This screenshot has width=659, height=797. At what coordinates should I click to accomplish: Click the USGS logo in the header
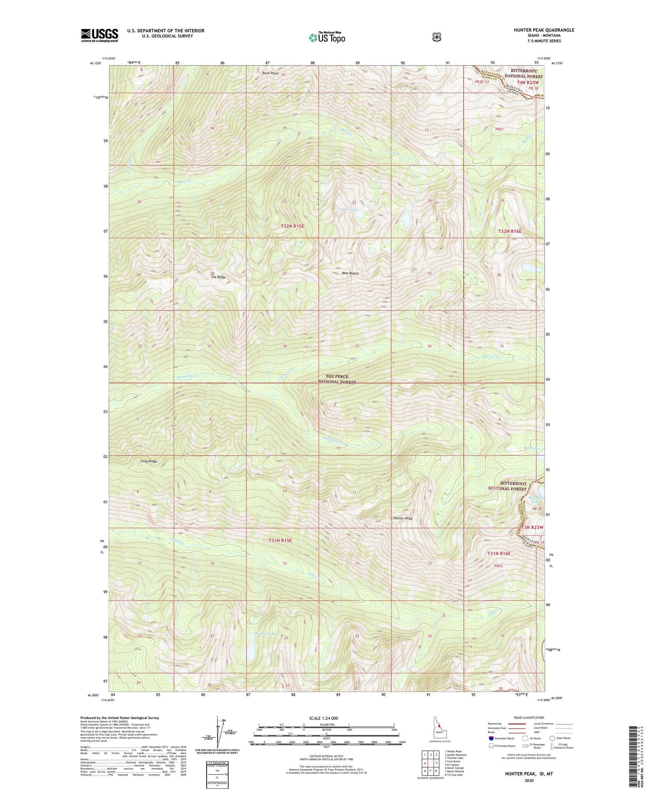[x=99, y=35]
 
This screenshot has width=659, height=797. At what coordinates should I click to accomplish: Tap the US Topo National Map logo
[x=327, y=37]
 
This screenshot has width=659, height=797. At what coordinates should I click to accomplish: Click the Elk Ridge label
[x=218, y=278]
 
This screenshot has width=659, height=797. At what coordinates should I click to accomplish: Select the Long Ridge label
[x=149, y=461]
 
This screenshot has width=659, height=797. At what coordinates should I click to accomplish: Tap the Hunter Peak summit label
[x=403, y=519]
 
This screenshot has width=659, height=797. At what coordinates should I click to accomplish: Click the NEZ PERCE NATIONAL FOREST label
[x=337, y=379]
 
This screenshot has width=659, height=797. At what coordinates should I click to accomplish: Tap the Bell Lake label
[x=532, y=448]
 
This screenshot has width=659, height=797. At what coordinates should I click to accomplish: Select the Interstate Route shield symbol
[x=491, y=738]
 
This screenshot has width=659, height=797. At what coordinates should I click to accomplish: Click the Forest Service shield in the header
[x=436, y=37]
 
